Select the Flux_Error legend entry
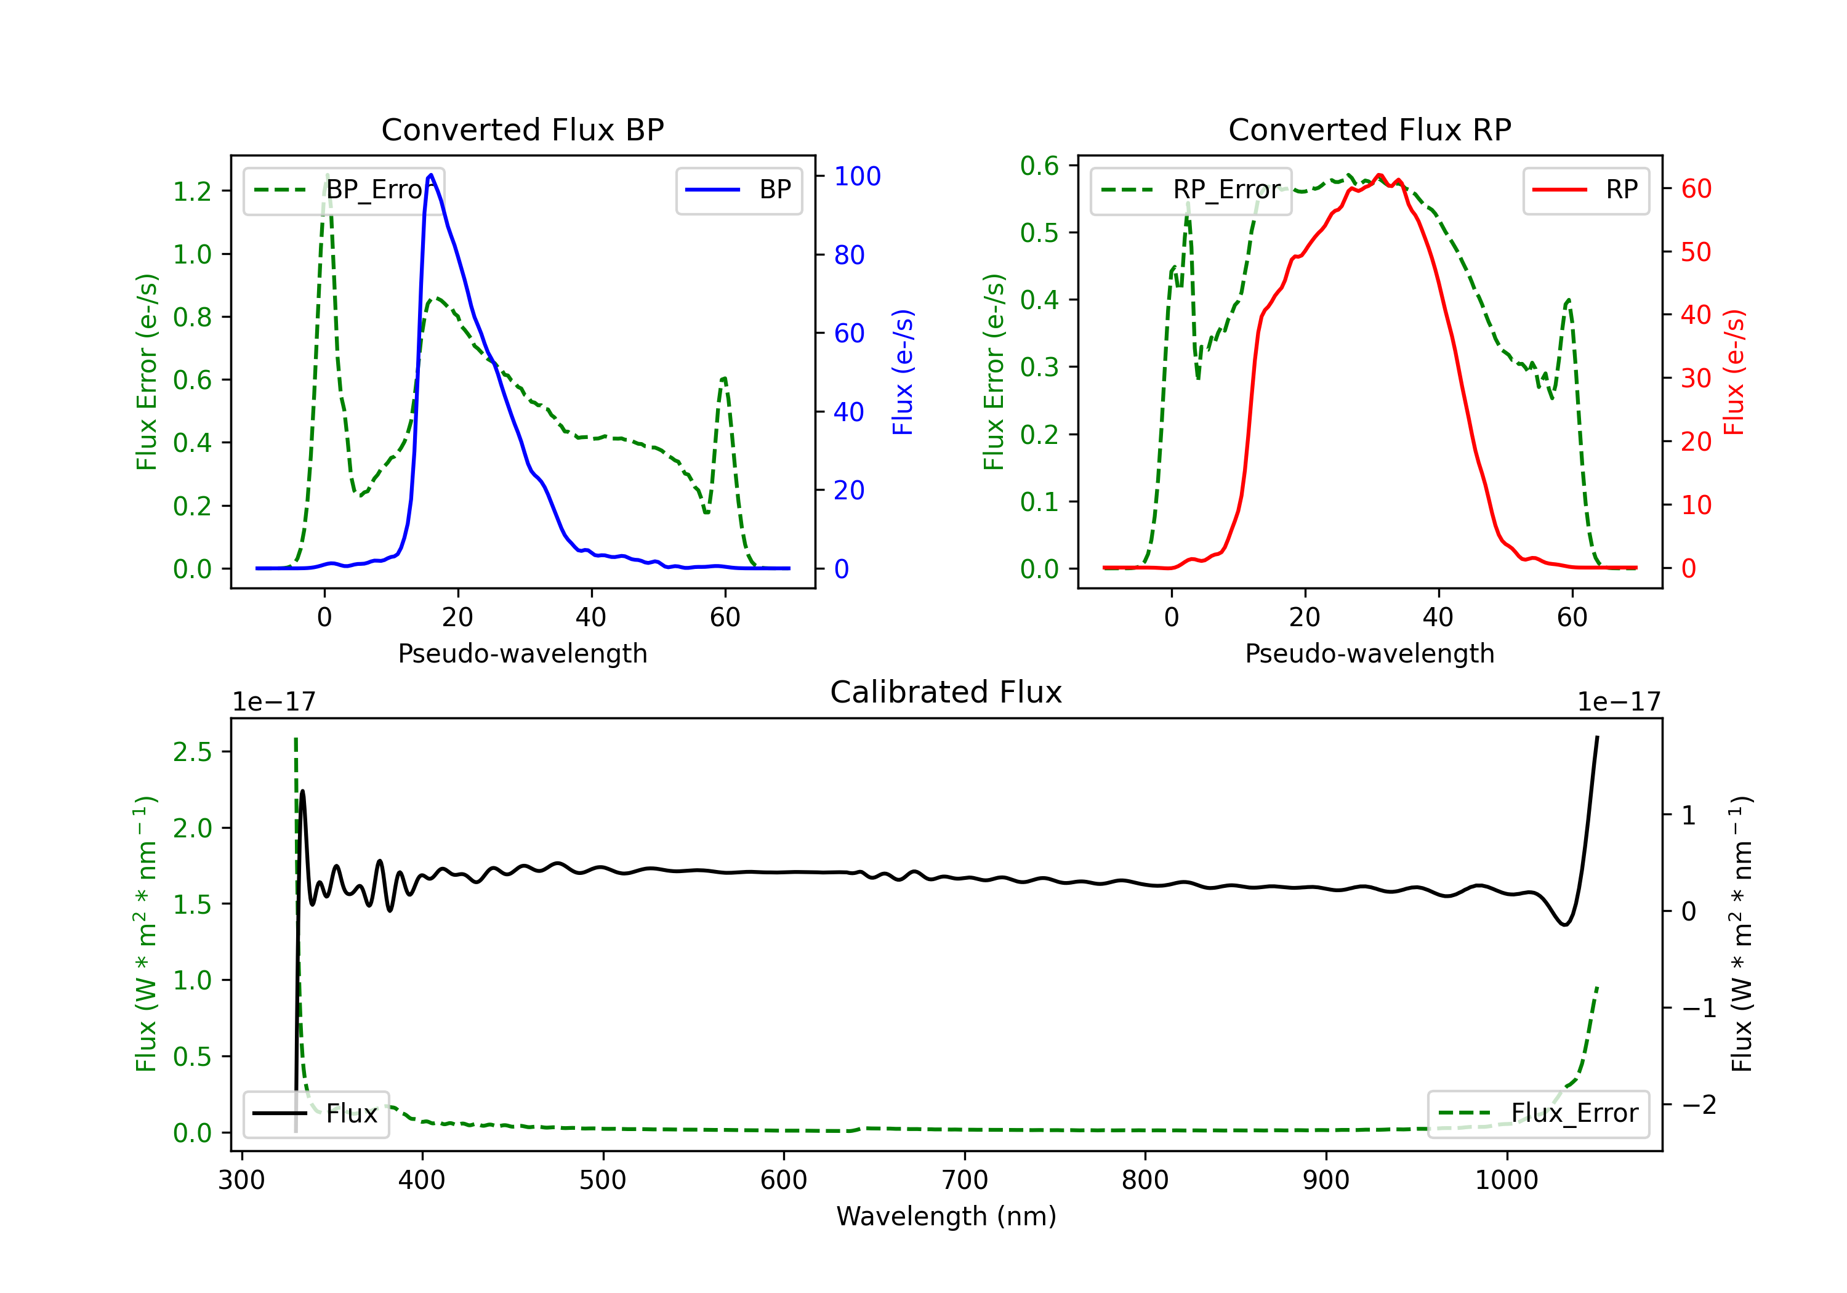(1538, 1114)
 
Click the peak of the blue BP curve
(431, 175)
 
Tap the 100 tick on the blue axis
(857, 176)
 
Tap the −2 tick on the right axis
(1698, 1105)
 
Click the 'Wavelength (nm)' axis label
(946, 1217)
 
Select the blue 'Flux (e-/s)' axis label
(903, 372)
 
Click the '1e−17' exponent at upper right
(1619, 703)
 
